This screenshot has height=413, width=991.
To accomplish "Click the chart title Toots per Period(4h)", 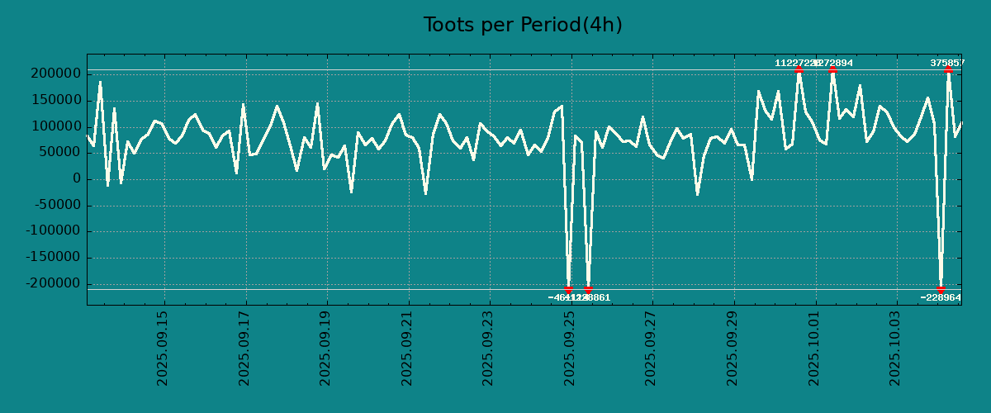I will coord(523,25).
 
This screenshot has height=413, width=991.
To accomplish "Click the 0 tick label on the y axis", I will coord(76,179).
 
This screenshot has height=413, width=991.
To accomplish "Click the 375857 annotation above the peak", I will coord(947,63).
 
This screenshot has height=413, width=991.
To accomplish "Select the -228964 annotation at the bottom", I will coord(941,297).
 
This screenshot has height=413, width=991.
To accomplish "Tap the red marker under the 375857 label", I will coord(948,70).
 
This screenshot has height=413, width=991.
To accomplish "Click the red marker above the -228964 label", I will coord(941,289).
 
